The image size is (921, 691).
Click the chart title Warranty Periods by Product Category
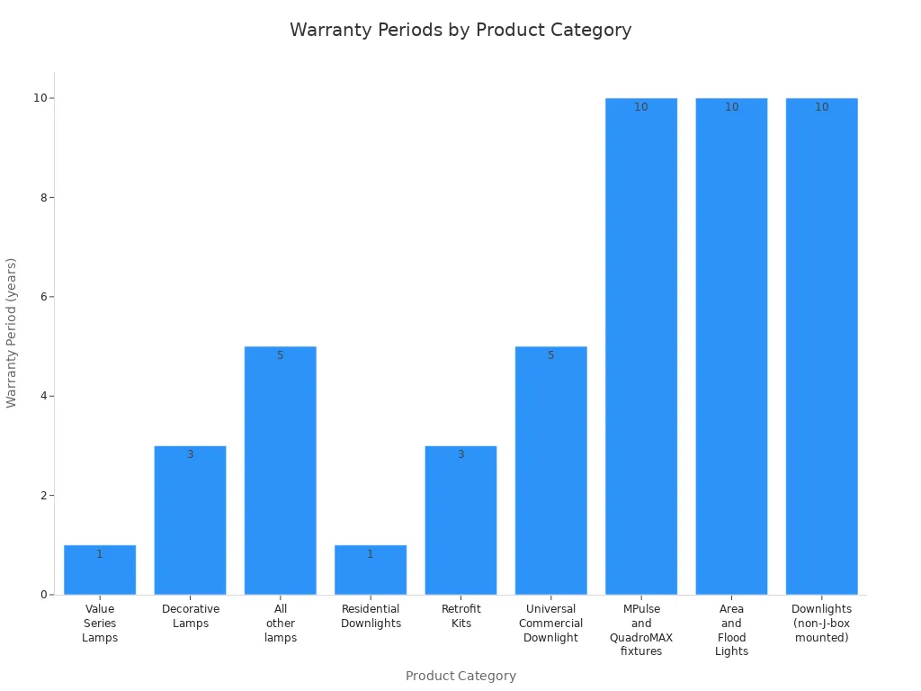point(460,30)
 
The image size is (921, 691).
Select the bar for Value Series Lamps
point(100,570)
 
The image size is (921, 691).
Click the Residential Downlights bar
point(371,570)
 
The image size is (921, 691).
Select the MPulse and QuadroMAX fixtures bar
point(641,346)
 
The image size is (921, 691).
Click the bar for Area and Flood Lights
point(731,346)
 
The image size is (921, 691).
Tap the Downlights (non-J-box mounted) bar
point(822,346)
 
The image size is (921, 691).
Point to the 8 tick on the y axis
point(40,198)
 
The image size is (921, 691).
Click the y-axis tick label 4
point(40,396)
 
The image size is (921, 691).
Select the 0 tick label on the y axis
point(40,595)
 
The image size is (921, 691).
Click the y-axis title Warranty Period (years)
point(13,333)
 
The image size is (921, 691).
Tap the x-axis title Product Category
point(460,676)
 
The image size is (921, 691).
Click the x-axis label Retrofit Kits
point(460,616)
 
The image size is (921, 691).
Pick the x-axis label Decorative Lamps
point(190,616)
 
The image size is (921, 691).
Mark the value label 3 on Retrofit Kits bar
point(460,454)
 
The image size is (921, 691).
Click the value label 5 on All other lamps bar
point(281,355)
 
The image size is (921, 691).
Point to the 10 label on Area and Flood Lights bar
point(731,107)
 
